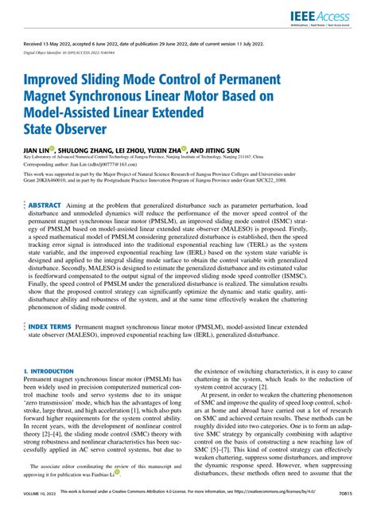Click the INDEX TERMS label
[x=52, y=348]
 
